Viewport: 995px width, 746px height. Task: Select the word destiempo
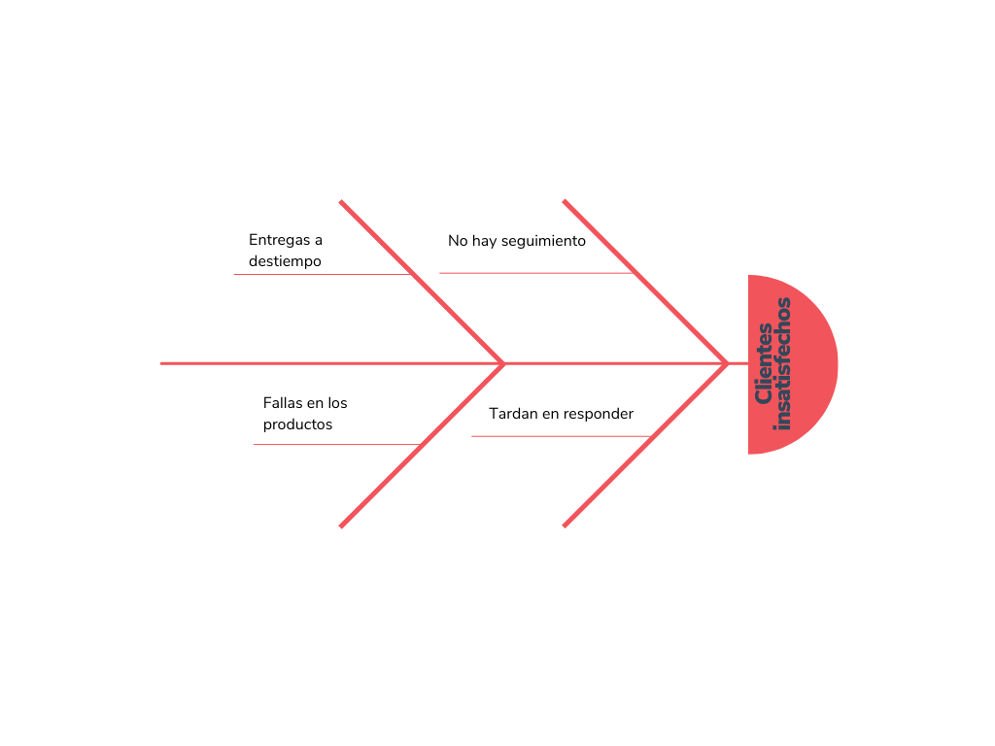285,261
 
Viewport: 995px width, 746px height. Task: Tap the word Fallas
283,403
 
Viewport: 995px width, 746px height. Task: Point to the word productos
297,425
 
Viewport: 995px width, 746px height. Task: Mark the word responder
598,415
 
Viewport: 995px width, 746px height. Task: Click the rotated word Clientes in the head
764,363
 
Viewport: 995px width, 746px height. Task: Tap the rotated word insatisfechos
783,364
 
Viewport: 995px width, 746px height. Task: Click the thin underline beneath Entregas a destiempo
323,274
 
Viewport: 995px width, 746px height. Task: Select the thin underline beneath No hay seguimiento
536,273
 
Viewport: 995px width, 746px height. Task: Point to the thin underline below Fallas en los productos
337,444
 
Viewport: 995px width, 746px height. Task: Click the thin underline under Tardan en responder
562,436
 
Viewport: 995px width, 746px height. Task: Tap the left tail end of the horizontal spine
162,363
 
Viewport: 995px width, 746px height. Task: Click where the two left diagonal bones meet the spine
504,363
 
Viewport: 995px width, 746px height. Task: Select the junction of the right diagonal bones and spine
727,363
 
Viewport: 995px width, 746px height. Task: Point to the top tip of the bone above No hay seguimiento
565,202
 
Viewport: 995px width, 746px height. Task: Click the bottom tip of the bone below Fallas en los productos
341,526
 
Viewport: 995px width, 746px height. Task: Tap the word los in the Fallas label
337,403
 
